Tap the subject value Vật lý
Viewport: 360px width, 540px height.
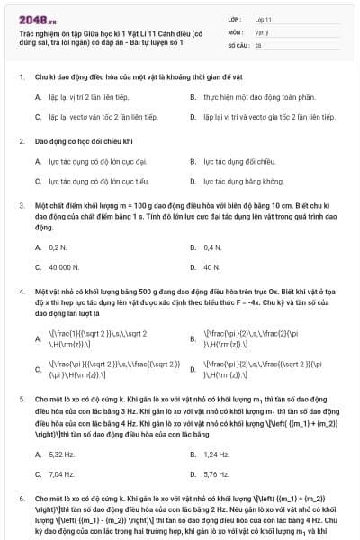coord(262,31)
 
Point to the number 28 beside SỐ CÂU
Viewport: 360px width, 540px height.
coord(258,44)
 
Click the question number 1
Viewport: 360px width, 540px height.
coord(21,77)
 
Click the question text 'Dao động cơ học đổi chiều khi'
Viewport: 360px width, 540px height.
coord(84,141)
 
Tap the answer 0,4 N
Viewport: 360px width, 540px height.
coord(212,247)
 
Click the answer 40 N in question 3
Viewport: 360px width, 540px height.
coord(211,267)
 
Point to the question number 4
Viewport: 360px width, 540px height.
coord(21,292)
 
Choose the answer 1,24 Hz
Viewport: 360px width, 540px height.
coord(216,454)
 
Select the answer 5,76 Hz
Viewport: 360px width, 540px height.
coord(216,474)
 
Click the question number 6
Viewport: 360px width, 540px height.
coord(21,498)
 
